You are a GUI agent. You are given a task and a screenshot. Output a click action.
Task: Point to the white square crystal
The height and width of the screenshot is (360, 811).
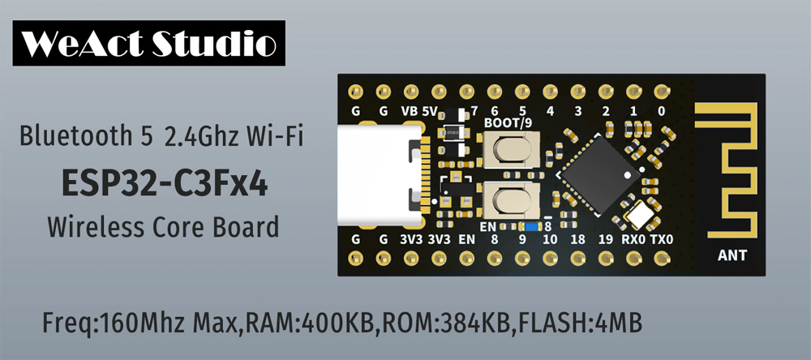point(640,214)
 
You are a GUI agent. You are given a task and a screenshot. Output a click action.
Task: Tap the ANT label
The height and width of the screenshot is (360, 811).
point(732,256)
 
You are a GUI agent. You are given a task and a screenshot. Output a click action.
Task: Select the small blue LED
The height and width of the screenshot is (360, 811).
point(531,226)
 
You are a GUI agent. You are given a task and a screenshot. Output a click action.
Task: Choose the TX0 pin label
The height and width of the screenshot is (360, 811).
point(662,239)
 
